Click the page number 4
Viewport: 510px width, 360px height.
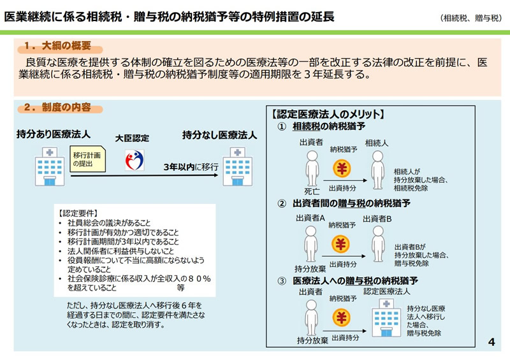tap(492, 342)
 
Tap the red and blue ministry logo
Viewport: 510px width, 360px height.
tap(135, 160)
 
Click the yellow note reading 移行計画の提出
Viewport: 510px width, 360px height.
tap(87, 159)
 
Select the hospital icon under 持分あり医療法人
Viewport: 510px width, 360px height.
tap(50, 166)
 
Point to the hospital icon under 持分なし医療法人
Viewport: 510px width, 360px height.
tap(237, 166)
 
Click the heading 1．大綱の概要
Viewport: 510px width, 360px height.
tap(57, 46)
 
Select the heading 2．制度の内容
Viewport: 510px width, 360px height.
tap(57, 107)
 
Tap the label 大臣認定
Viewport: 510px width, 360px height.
tap(132, 138)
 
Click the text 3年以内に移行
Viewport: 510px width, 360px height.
tap(191, 167)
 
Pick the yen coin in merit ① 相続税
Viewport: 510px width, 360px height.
tap(342, 168)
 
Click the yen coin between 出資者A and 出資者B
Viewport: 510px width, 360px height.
tap(340, 244)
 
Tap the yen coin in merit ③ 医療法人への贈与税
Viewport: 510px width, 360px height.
tap(342, 317)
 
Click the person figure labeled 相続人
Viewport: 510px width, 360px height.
tap(377, 169)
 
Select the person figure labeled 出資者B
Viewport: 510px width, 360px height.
tap(378, 244)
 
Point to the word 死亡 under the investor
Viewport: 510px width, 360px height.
tap(312, 191)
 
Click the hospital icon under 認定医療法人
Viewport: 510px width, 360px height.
tap(386, 318)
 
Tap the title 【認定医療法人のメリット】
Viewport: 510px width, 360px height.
tap(328, 114)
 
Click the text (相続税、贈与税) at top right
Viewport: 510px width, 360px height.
tap(470, 18)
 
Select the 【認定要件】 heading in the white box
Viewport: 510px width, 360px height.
tap(78, 213)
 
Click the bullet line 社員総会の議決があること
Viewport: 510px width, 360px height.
tap(109, 223)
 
